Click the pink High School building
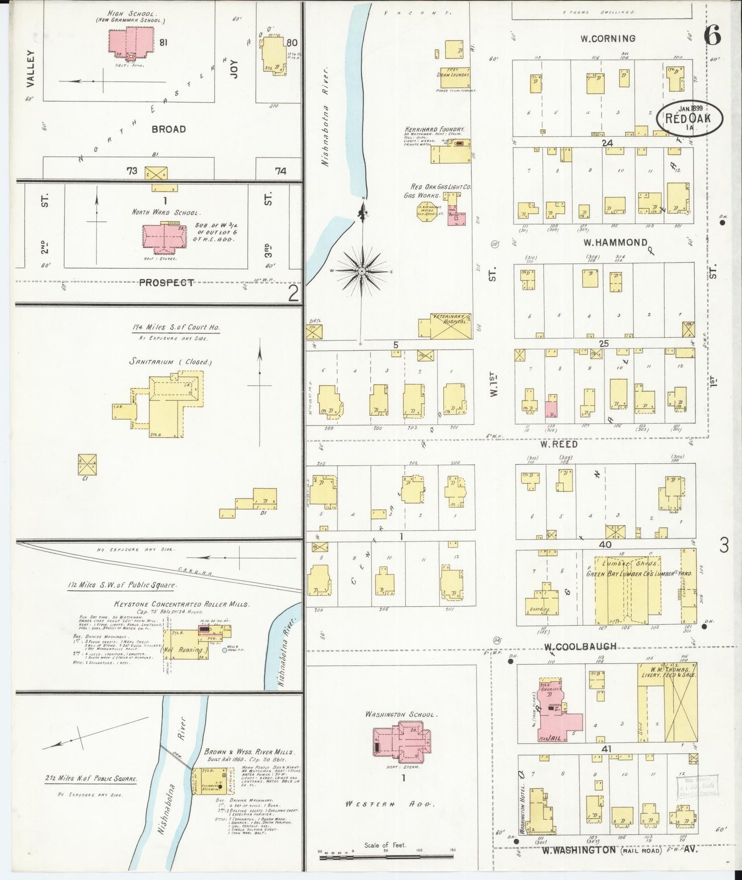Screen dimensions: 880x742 tap(130, 40)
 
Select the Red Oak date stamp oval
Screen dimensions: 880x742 tap(689, 118)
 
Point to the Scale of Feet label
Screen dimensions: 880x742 tap(385, 845)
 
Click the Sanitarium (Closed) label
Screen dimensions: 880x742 tap(170, 362)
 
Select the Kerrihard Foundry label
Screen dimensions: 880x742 tap(434, 129)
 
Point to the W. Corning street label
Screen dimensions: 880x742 tap(607, 38)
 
